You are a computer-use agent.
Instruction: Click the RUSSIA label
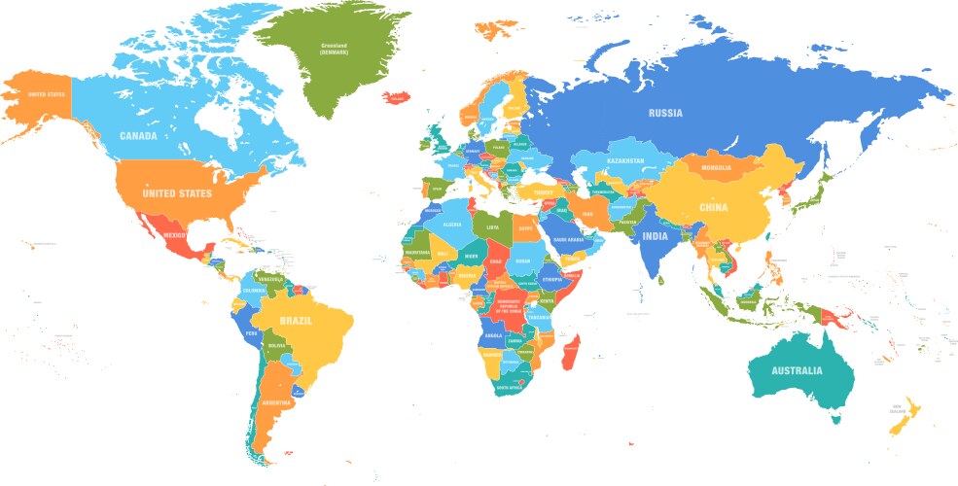tap(665, 113)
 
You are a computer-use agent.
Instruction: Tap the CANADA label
tap(138, 136)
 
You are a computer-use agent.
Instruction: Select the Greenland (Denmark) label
tap(335, 48)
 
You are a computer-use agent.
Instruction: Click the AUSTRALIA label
tap(797, 370)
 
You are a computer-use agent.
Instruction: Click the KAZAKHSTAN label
tap(626, 160)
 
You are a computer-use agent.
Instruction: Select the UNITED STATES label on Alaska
tap(45, 94)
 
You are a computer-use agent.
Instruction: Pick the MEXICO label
tap(174, 235)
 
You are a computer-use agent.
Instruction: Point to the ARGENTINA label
tap(276, 402)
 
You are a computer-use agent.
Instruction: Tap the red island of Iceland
tap(398, 97)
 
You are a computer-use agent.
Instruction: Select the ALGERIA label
tap(451, 225)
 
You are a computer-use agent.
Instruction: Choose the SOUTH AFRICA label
tap(510, 388)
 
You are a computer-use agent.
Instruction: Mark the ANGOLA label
tap(493, 335)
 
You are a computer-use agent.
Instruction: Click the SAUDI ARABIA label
tap(567, 239)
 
